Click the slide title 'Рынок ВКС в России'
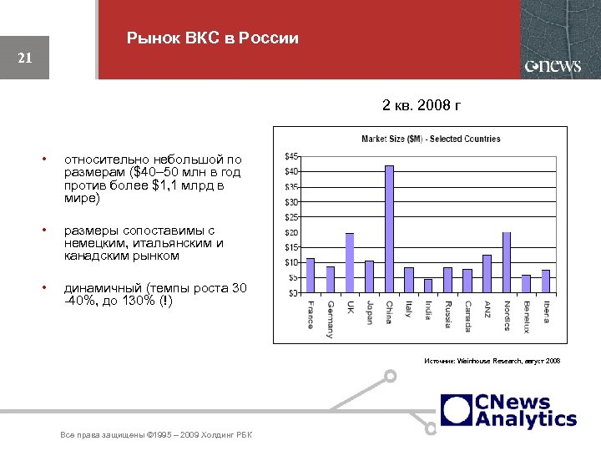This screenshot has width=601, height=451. (212, 38)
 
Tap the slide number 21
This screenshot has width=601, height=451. (24, 58)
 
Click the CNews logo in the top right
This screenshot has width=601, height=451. (553, 66)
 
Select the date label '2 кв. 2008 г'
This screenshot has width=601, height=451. (421, 106)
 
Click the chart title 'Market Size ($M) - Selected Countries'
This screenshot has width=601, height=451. (430, 139)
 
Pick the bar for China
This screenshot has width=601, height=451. (389, 231)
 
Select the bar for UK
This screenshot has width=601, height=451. (350, 263)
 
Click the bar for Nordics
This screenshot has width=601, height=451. (507, 263)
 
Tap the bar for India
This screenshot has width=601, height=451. (428, 286)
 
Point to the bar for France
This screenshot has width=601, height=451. (311, 276)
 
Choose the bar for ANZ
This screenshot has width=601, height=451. (487, 274)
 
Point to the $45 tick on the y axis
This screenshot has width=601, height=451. (293, 156)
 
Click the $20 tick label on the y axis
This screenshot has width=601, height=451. (293, 232)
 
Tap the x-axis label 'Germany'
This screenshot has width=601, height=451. (331, 318)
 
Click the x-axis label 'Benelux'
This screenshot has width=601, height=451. (527, 316)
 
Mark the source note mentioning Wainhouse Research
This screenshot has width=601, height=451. (493, 360)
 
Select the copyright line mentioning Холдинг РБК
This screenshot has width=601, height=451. (157, 435)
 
